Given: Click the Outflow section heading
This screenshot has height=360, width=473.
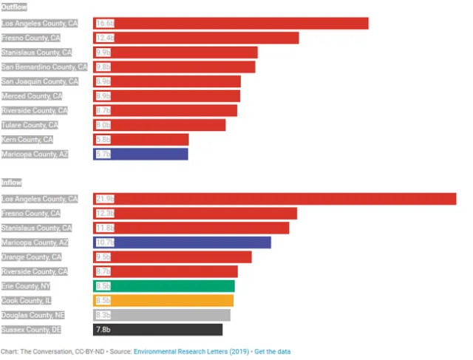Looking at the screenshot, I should pyautogui.click(x=13, y=7).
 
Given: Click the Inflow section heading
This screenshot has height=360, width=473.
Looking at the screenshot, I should pyautogui.click(x=11, y=182).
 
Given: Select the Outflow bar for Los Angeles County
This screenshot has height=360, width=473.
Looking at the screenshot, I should pyautogui.click(x=231, y=24).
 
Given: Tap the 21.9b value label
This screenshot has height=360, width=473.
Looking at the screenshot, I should pyautogui.click(x=104, y=199).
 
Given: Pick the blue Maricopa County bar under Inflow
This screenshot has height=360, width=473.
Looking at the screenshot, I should pyautogui.click(x=182, y=242).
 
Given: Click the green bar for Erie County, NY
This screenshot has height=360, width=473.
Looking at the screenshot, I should pyautogui.click(x=164, y=286).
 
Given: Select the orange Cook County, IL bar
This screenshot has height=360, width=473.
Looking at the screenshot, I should pyautogui.click(x=163, y=300).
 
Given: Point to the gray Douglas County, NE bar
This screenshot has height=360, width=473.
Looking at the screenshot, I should pyautogui.click(x=162, y=315).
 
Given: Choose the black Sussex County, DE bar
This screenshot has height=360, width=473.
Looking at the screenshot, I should pyautogui.click(x=157, y=329).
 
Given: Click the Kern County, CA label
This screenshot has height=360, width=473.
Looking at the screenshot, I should pyautogui.click(x=27, y=139).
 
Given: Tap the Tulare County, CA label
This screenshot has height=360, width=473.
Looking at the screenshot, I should pyautogui.click(x=30, y=124).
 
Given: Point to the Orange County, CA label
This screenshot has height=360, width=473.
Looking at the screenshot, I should pyautogui.click(x=32, y=257).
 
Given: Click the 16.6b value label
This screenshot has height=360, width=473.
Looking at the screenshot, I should pyautogui.click(x=104, y=24).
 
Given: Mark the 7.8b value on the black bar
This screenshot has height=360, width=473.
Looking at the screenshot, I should pyautogui.click(x=103, y=329).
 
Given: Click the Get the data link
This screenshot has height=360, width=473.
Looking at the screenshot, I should pyautogui.click(x=273, y=350).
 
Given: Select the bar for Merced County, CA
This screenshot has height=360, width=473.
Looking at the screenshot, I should pyautogui.click(x=167, y=95).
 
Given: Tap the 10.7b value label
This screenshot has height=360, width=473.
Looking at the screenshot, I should pyautogui.click(x=104, y=242).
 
